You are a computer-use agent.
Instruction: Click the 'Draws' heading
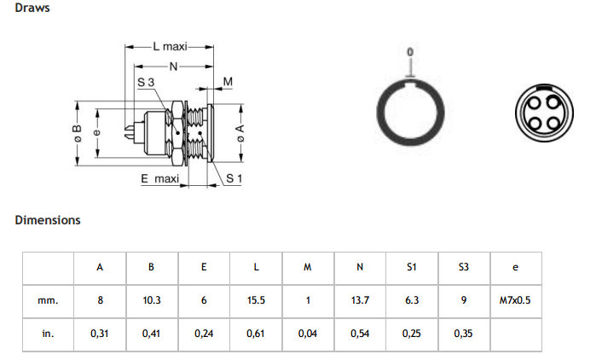(x=32, y=8)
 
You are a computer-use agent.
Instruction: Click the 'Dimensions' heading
(x=48, y=220)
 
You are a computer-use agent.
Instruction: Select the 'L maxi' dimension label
(x=170, y=46)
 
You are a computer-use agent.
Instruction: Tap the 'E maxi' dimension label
(x=159, y=178)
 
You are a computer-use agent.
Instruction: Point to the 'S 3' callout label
(x=146, y=82)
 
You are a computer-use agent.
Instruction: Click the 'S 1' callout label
(x=234, y=178)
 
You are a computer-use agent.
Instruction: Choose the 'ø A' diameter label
(x=240, y=133)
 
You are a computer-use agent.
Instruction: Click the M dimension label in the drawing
(x=228, y=81)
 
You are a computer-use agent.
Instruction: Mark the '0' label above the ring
(x=410, y=52)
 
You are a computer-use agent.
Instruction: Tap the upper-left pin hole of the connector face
(x=535, y=103)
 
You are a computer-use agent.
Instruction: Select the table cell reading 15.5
(x=256, y=300)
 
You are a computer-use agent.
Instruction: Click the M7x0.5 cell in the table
(x=515, y=300)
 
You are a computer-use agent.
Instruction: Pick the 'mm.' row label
(x=48, y=300)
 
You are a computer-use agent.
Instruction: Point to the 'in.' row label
(x=48, y=334)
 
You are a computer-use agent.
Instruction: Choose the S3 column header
(x=463, y=267)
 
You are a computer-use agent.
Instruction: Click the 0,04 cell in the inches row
(x=308, y=334)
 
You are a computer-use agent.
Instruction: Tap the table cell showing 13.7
(x=360, y=300)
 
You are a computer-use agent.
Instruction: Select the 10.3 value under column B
(x=152, y=300)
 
